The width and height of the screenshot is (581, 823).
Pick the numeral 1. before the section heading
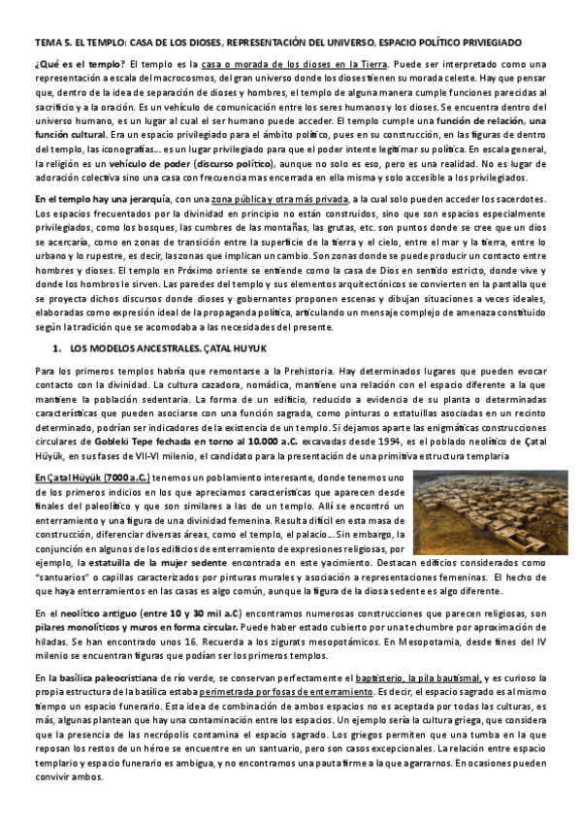[x=58, y=347]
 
